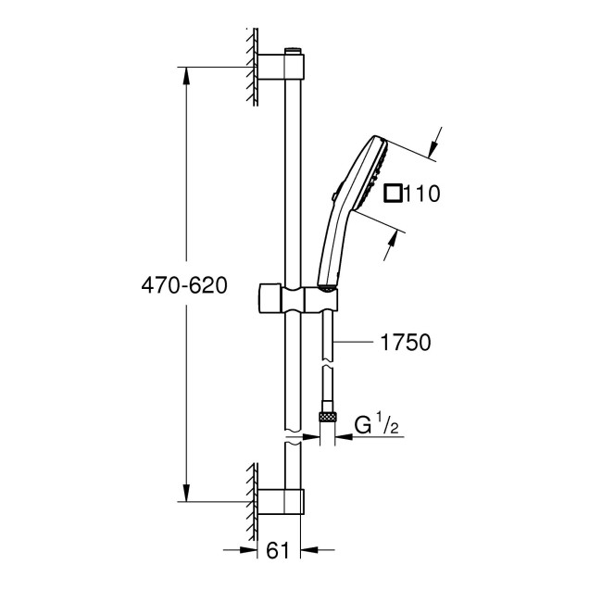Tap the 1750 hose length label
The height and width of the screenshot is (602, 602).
406,343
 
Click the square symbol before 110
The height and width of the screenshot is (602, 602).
394,194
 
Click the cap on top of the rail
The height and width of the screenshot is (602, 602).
295,48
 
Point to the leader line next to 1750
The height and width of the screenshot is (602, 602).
356,343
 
